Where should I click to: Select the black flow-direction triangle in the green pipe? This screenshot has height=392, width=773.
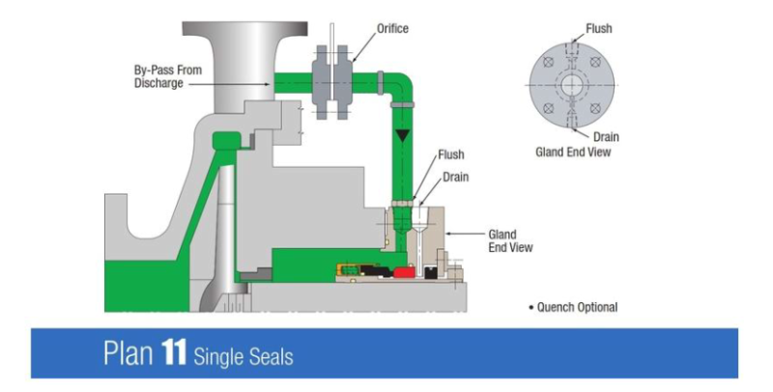403,136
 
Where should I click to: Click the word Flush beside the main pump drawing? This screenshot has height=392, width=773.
450,154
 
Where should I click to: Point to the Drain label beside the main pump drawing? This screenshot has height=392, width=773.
456,178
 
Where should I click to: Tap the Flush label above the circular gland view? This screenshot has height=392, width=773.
600,29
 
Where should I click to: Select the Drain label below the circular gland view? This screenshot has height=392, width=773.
606,137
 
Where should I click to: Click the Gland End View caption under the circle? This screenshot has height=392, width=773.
573,152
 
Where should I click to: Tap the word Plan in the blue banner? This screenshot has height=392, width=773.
126,353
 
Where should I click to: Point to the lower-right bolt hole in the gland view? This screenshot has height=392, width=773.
595,107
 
